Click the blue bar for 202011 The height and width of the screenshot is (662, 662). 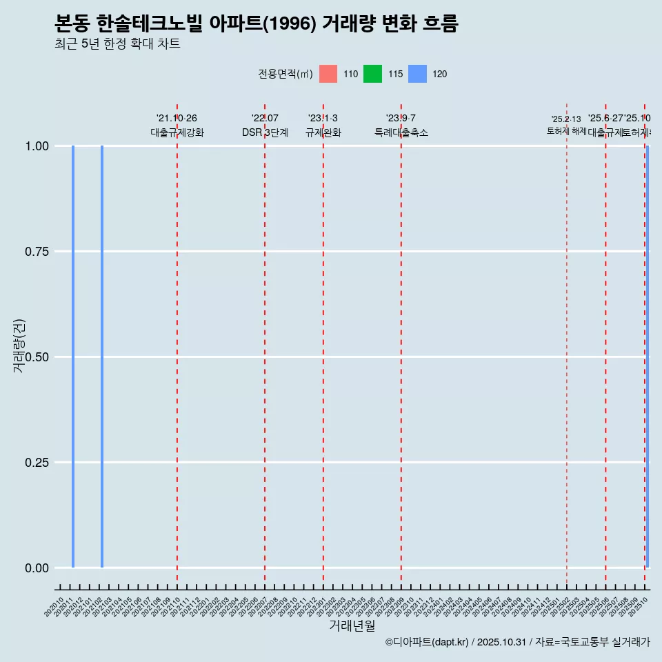click(73, 357)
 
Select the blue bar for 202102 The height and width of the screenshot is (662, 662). click(102, 357)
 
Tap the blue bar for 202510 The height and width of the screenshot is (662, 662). click(647, 357)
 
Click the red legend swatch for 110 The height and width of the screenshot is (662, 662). click(328, 74)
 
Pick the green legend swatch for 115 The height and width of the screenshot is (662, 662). click(372, 74)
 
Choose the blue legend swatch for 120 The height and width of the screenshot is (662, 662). click(417, 74)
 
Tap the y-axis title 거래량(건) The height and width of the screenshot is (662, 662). click(19, 346)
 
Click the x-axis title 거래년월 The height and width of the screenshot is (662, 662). click(352, 626)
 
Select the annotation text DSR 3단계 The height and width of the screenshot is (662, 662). click(265, 132)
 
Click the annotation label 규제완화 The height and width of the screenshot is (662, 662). click(323, 132)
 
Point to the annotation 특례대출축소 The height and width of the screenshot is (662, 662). click(401, 132)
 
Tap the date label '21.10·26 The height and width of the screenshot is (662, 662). click(177, 119)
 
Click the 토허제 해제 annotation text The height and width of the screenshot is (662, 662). click(567, 130)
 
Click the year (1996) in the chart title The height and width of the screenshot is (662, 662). click(290, 24)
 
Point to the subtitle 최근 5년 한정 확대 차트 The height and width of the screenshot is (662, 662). click(117, 44)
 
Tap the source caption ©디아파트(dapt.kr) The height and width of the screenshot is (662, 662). click(427, 642)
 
